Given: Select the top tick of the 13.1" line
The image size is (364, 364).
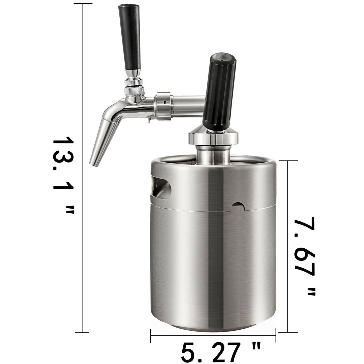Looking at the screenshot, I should pos(83,4).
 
